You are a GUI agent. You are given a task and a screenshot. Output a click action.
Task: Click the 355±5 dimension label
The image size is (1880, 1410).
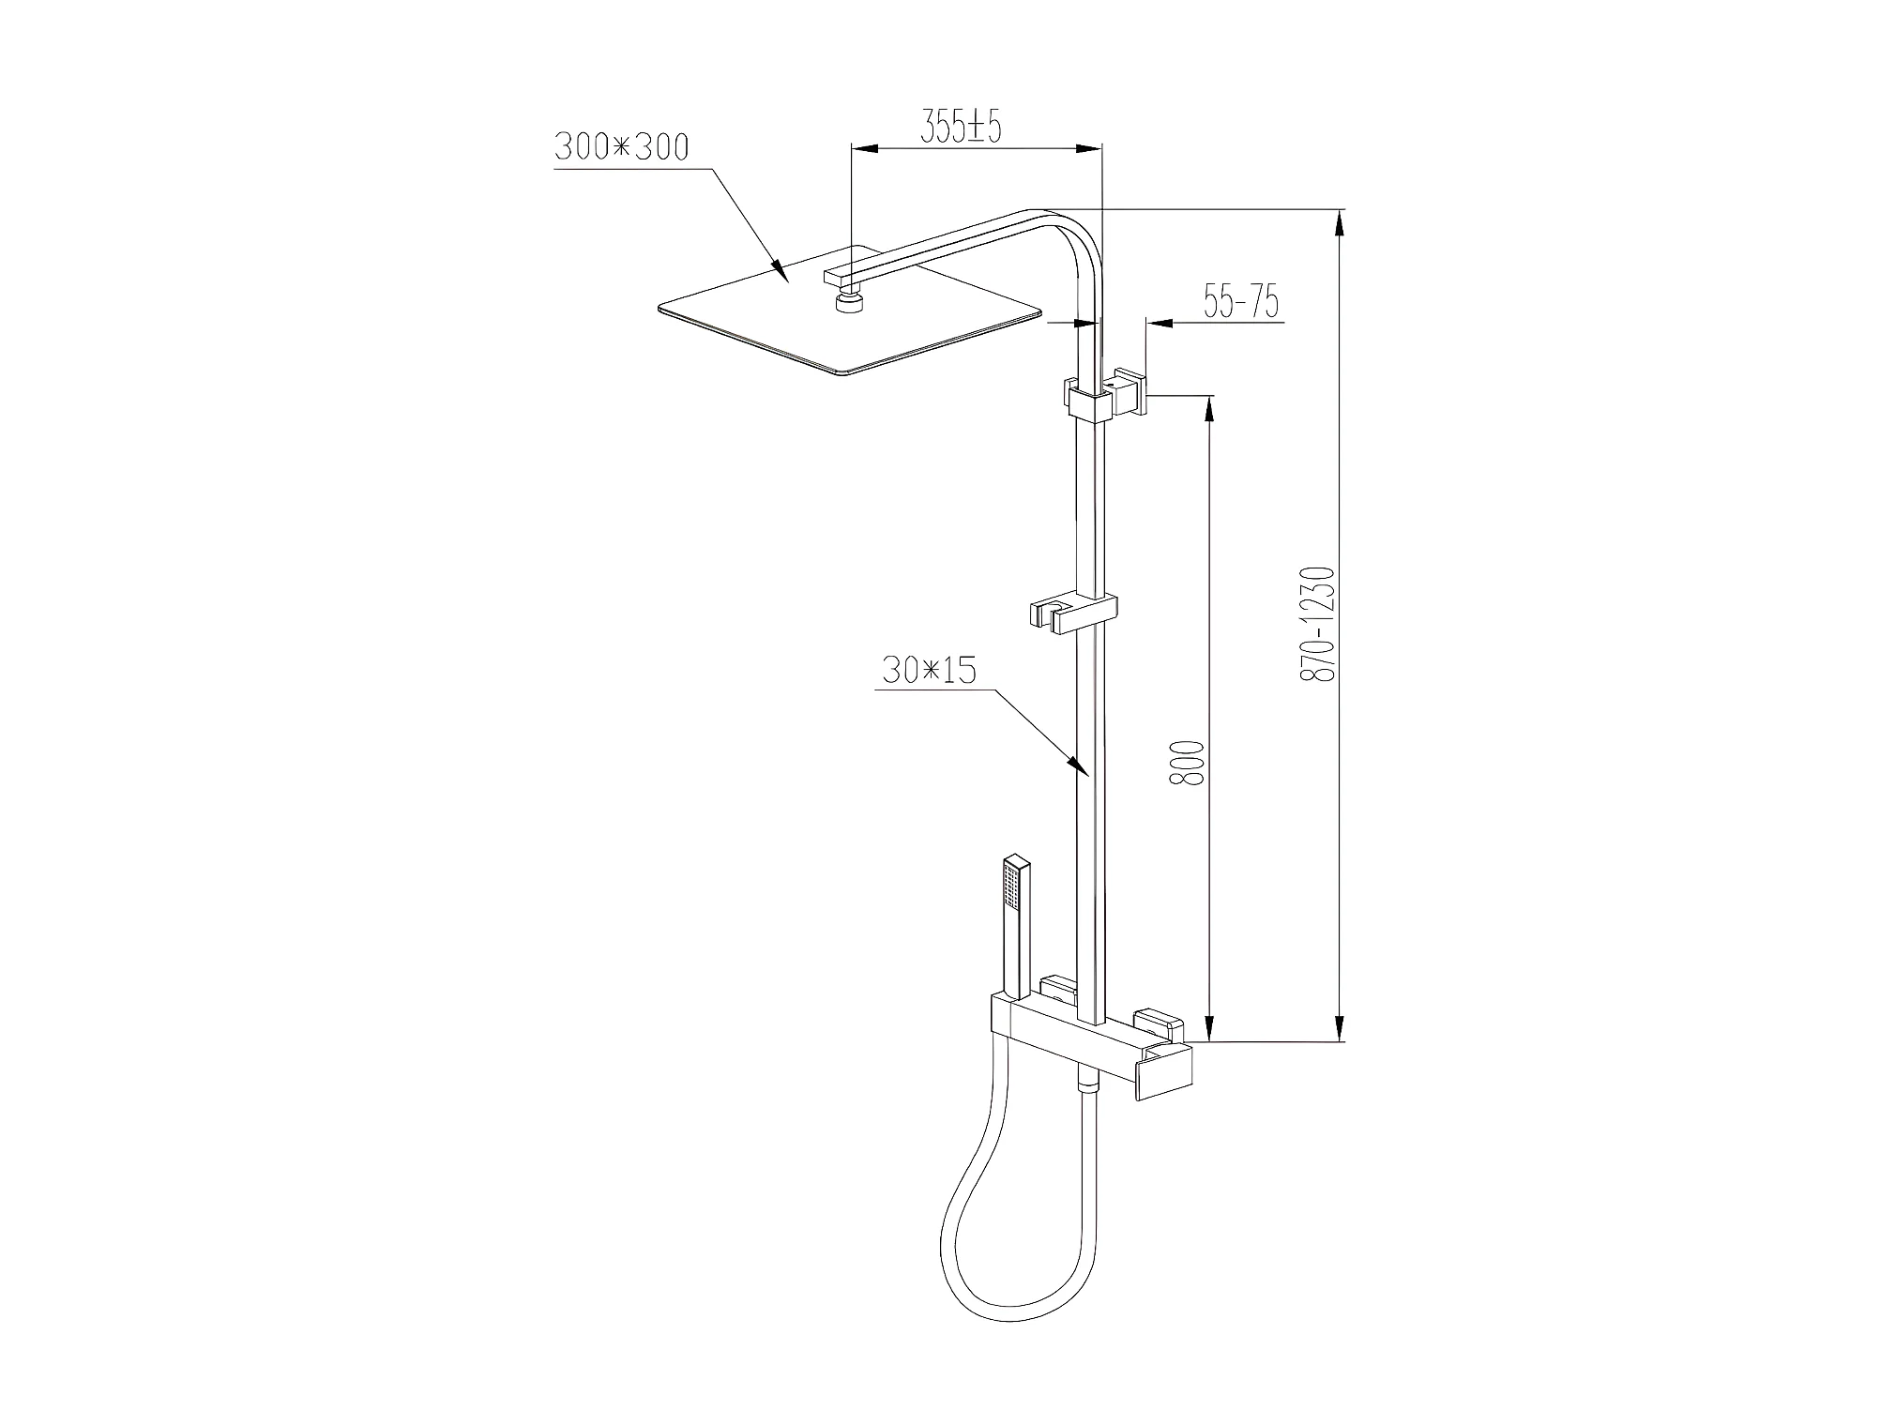pos(961,128)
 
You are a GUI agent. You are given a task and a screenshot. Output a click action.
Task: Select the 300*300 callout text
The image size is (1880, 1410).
pos(622,147)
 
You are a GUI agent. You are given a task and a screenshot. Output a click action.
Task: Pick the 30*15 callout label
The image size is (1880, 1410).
pos(930,670)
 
